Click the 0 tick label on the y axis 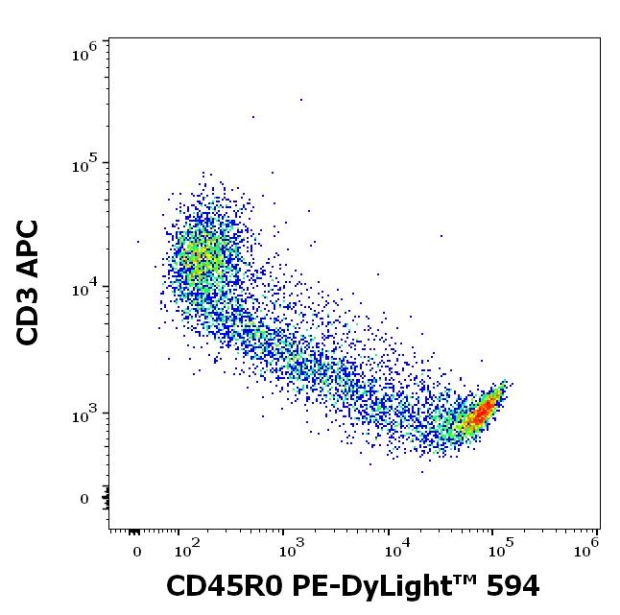84,499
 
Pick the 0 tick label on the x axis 136,551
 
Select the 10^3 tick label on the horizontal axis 290,549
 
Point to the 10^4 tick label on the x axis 394,549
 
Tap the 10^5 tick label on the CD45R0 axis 499,549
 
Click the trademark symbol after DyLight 455,579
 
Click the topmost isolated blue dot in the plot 300,99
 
